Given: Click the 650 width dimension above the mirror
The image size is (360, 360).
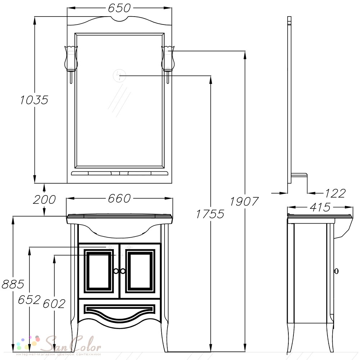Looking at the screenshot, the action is click(x=119, y=8).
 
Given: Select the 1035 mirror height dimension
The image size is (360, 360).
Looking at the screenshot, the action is click(x=34, y=100).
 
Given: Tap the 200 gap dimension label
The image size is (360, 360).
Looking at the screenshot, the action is click(x=44, y=199).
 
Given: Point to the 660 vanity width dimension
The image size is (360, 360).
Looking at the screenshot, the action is click(x=119, y=198).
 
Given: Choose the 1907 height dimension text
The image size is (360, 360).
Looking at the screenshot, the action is click(x=244, y=202).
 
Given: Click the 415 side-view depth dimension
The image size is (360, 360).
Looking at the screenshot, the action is click(x=320, y=207).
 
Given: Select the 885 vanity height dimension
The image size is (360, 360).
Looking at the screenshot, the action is click(x=13, y=284).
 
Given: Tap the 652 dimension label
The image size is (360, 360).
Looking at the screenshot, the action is click(x=30, y=300).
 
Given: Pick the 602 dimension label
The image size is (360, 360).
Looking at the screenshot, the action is click(x=54, y=304).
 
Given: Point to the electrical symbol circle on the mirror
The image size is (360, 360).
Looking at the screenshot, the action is click(x=120, y=75).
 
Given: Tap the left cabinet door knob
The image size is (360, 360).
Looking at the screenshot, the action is click(x=116, y=271).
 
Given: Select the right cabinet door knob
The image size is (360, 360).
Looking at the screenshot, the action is click(x=123, y=271).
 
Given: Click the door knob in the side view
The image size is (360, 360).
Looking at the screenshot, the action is click(x=336, y=271).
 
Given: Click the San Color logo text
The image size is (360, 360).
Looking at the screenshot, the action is click(x=73, y=344).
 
